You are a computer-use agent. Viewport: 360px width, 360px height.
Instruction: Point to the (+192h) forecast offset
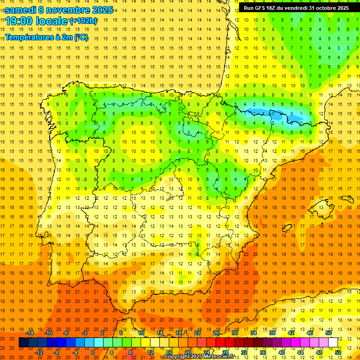pos(83,21)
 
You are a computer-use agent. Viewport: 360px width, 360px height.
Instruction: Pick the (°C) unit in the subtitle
pos(80,37)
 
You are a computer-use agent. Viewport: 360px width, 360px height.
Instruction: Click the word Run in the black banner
pos(248,8)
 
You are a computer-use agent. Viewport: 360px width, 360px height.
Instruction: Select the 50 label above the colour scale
pos(329,333)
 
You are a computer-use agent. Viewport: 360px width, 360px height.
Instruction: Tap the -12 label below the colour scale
pos(39,352)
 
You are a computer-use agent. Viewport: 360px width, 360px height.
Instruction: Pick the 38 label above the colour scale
pos(272,333)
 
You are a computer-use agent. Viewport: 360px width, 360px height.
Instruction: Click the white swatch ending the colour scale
pos(333,343)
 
